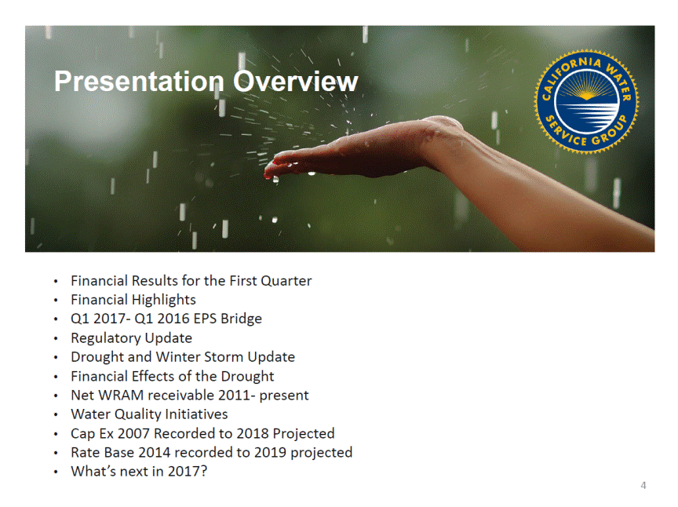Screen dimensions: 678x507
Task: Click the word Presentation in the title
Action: (139, 82)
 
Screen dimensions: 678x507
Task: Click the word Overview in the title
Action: (296, 81)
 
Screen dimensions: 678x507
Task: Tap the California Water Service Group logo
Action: (586, 101)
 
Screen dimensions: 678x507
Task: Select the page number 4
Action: (643, 485)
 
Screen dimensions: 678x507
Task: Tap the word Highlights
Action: (164, 300)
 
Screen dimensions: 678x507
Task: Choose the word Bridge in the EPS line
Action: (241, 319)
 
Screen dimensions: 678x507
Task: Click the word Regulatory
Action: (101, 338)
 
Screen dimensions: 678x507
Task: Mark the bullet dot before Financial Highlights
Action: (56, 301)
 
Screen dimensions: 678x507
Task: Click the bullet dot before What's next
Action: (56, 472)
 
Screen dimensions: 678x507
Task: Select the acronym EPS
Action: (206, 319)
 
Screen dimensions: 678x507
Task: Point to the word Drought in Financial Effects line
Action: (247, 377)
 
